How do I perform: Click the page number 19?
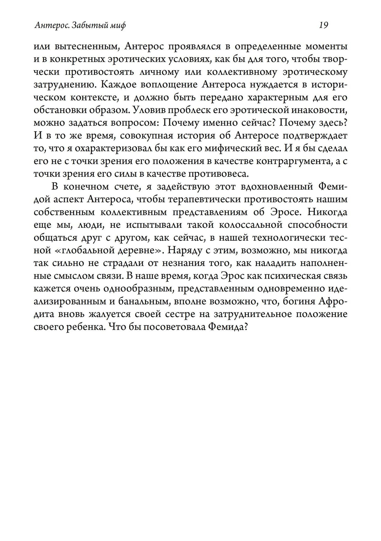323,26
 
